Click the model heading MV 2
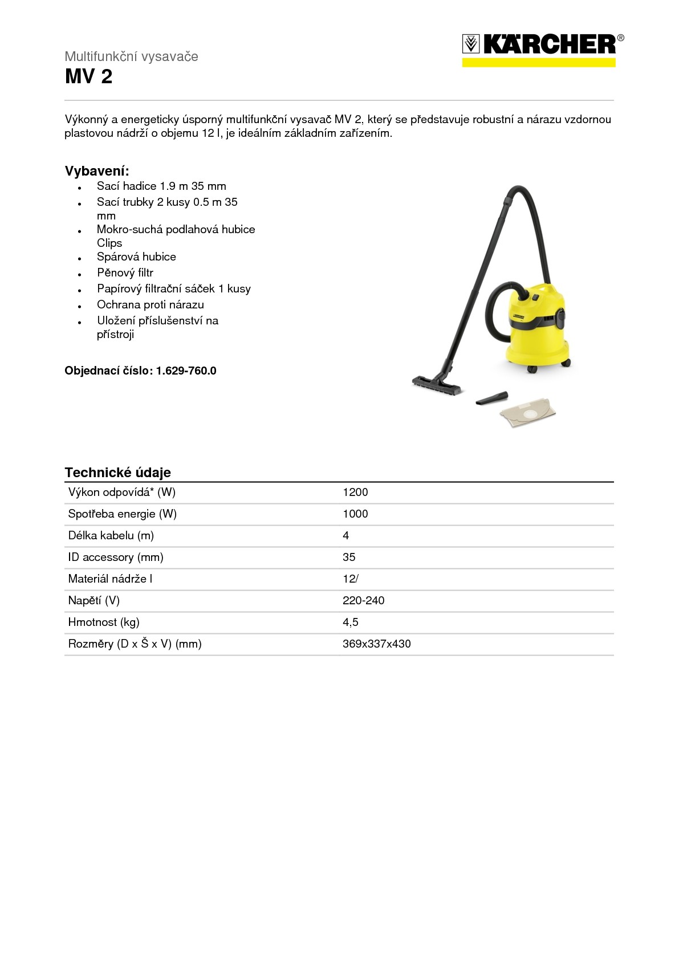click(88, 76)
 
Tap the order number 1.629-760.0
click(186, 371)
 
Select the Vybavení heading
click(97, 171)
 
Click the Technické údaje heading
click(117, 473)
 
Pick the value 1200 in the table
click(355, 493)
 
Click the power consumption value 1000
click(355, 514)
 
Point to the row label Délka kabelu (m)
click(111, 536)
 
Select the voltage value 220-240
click(363, 601)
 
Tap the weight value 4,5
click(350, 623)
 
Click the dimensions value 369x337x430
click(376, 644)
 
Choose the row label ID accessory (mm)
click(116, 558)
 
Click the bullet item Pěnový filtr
click(125, 273)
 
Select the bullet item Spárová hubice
click(136, 257)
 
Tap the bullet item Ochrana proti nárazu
click(150, 305)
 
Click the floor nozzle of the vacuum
click(436, 384)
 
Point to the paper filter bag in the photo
click(527, 412)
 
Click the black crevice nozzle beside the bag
click(491, 398)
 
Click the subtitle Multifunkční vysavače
click(131, 56)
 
